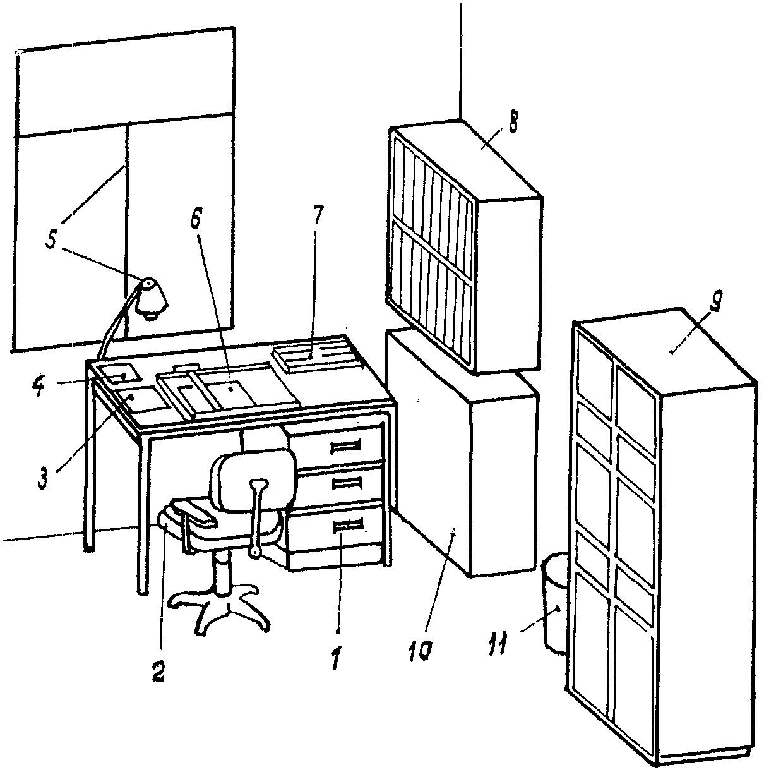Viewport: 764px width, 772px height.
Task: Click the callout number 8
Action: (x=513, y=121)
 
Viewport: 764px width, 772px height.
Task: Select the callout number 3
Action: (x=42, y=478)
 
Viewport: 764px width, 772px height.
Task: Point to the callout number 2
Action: (x=157, y=672)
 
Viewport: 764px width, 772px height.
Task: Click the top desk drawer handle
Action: (x=345, y=446)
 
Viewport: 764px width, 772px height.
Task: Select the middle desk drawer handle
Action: (x=347, y=484)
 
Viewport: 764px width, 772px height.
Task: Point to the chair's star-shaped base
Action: (x=220, y=610)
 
